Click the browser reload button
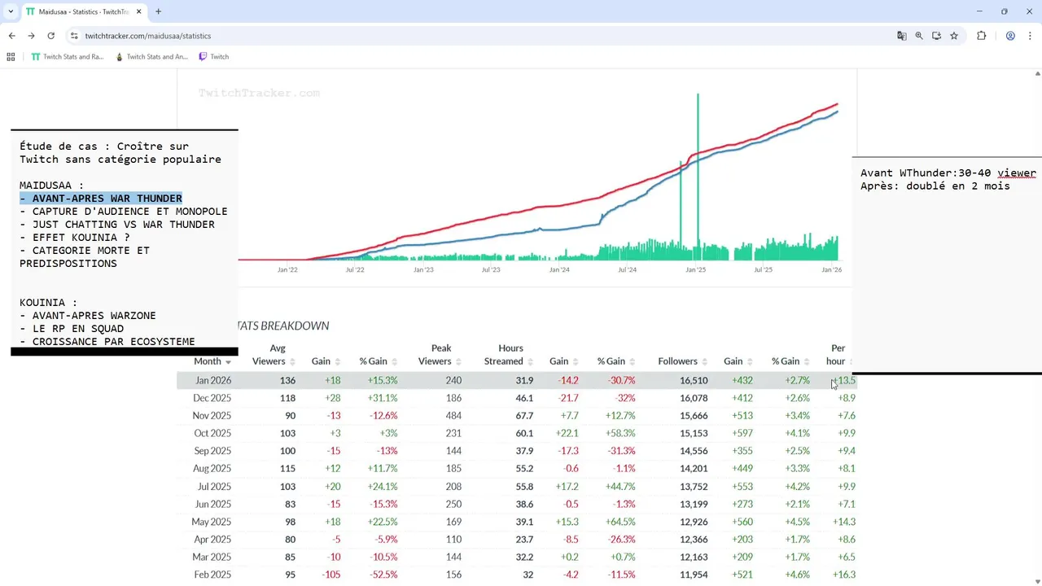coord(50,36)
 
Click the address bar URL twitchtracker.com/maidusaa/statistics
coord(147,36)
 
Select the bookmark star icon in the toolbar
coord(954,36)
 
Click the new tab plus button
coord(158,11)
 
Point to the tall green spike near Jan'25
coord(698,163)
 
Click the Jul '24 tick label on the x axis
coord(627,269)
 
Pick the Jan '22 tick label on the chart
coord(287,269)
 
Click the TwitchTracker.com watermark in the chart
coord(259,94)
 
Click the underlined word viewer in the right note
coord(1017,173)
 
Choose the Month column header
coord(208,361)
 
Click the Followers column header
coord(677,361)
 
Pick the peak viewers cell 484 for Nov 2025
coord(453,416)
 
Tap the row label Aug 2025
coord(212,469)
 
